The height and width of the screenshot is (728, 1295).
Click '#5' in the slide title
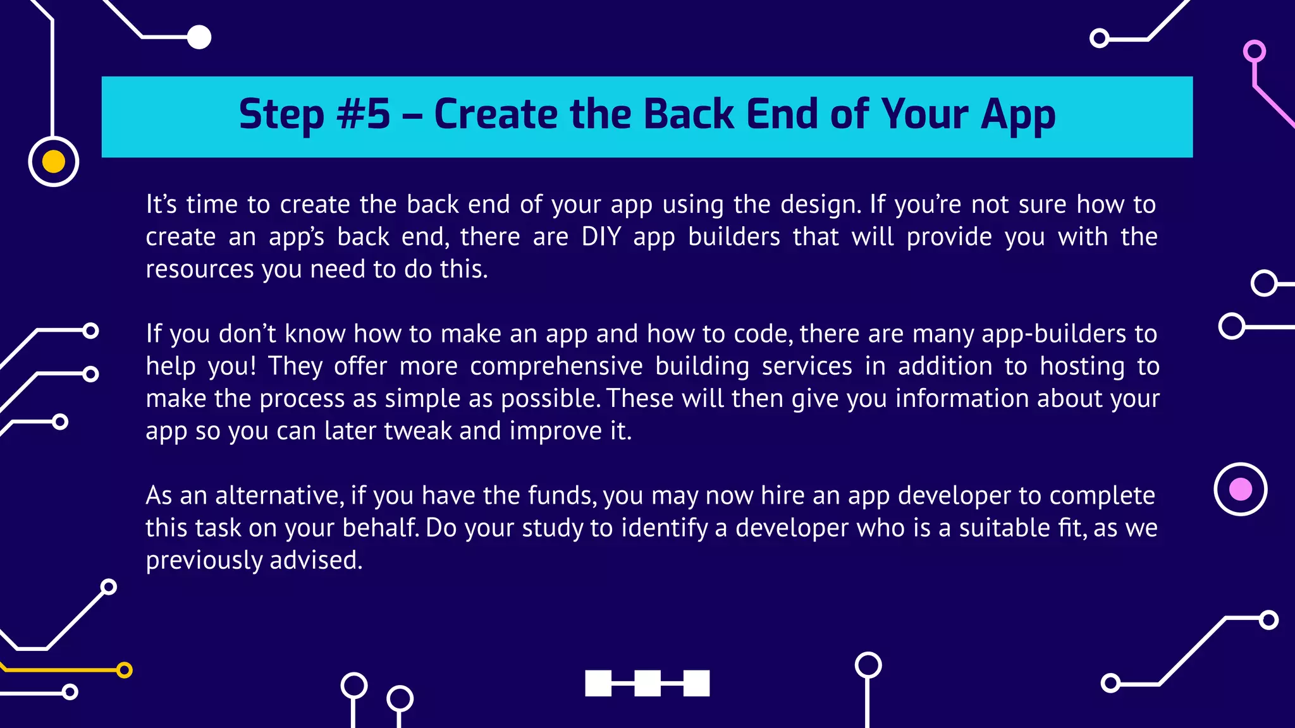(x=363, y=115)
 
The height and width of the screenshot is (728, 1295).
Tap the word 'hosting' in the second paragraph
(x=1082, y=367)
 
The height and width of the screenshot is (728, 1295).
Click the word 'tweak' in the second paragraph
(x=418, y=431)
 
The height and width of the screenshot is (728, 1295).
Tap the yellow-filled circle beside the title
(x=54, y=162)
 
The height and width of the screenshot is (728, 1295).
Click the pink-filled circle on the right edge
(x=1240, y=489)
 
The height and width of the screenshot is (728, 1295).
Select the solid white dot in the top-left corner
(x=199, y=37)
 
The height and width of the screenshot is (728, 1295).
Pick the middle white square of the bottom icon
(x=647, y=683)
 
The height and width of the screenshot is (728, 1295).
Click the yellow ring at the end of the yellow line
(x=125, y=670)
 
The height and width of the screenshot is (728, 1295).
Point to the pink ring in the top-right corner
(x=1254, y=51)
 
